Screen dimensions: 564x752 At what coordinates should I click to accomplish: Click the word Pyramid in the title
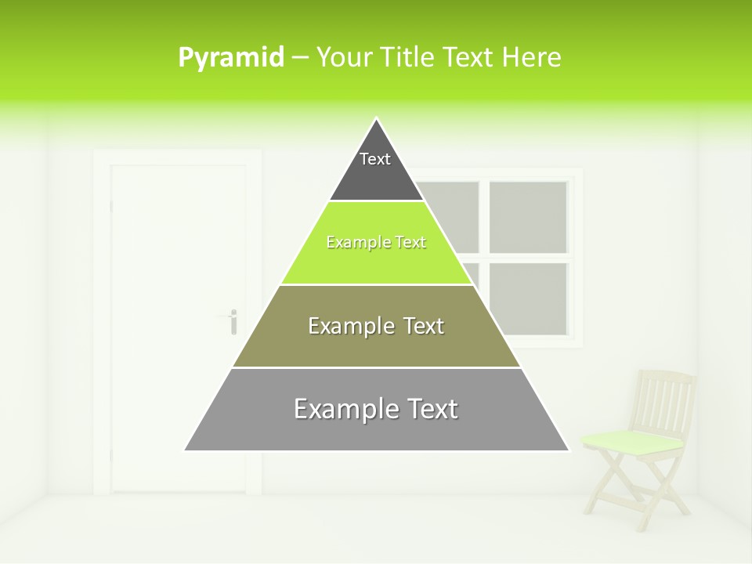point(230,58)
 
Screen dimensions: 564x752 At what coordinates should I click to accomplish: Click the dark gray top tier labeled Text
point(375,168)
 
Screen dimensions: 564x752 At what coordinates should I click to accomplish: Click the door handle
point(232,320)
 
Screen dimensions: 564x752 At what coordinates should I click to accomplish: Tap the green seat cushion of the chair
point(632,440)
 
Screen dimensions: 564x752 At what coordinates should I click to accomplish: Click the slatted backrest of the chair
point(664,399)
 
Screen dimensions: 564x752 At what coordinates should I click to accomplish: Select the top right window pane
point(528,217)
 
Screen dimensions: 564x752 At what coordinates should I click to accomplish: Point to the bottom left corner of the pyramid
point(185,450)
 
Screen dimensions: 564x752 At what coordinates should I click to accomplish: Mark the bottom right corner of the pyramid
point(569,450)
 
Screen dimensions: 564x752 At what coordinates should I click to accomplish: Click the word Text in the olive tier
point(419,326)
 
